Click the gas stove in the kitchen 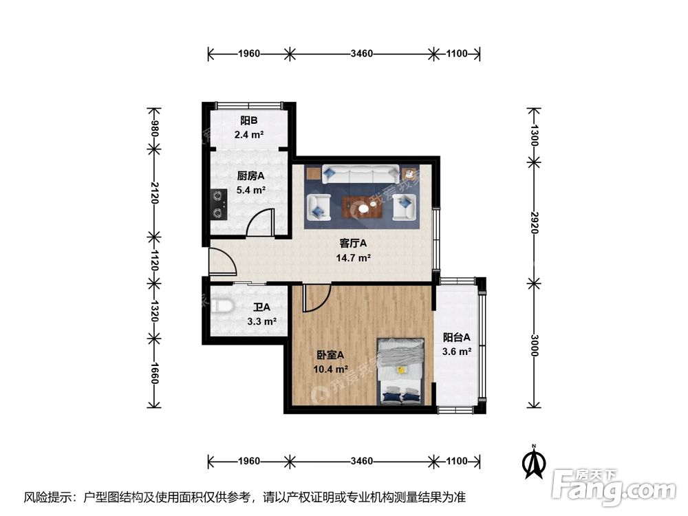coord(218,203)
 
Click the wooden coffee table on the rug coord(363,205)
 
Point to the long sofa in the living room coord(361,175)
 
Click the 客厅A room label coord(354,243)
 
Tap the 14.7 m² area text coord(354,258)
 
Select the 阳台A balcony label coord(456,337)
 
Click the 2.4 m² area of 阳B coord(249,135)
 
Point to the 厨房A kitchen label coord(251,175)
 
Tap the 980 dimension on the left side coord(155,129)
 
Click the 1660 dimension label coord(155,373)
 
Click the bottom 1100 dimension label coord(456,460)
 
